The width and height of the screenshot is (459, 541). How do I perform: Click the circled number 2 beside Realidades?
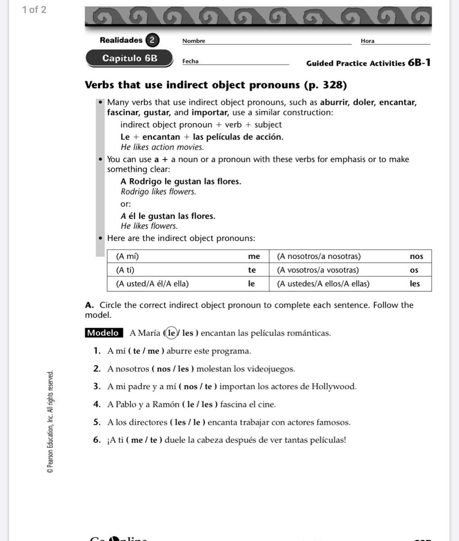[x=152, y=40]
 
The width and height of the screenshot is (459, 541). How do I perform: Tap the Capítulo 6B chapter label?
[x=130, y=58]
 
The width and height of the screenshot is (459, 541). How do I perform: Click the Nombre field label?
[x=194, y=41]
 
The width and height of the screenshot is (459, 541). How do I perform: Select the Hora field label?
[x=368, y=41]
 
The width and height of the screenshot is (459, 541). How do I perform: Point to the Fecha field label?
[x=191, y=61]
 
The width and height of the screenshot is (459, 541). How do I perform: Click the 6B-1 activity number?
[x=419, y=63]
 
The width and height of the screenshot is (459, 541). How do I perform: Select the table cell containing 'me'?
[x=254, y=257]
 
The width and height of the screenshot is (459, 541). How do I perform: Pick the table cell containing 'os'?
[x=414, y=270]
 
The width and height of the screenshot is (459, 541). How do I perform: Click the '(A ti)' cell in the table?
[x=125, y=270]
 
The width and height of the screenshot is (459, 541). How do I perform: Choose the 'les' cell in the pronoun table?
[x=415, y=284]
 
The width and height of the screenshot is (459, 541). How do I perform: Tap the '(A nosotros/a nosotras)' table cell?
[x=319, y=257]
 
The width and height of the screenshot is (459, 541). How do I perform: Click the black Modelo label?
[x=104, y=333]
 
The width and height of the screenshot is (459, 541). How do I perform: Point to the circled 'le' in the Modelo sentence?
[x=171, y=333]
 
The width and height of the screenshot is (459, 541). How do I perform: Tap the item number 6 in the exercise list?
[x=97, y=440]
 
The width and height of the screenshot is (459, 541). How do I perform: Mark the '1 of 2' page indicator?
[x=34, y=10]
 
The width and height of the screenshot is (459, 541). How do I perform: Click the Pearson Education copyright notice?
[x=50, y=422]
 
